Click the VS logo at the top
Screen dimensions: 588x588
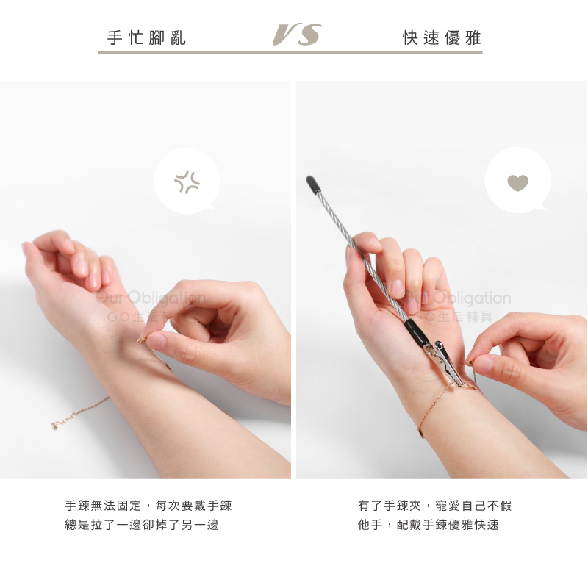(x=297, y=35)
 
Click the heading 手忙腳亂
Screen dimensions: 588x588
(x=146, y=37)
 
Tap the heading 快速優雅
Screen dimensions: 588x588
(x=442, y=37)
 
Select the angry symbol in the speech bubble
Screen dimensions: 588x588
(x=187, y=182)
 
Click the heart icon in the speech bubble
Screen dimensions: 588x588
(x=518, y=182)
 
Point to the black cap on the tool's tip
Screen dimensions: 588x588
(x=313, y=185)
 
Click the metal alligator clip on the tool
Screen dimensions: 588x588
(x=444, y=362)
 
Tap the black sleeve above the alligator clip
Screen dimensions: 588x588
(x=416, y=333)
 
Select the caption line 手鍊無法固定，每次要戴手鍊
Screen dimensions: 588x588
(x=148, y=506)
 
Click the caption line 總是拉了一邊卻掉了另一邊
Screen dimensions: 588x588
(x=142, y=525)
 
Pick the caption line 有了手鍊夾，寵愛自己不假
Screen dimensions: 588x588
(x=434, y=506)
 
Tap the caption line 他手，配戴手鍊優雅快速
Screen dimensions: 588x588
(x=429, y=525)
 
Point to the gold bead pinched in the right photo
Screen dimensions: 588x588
(x=470, y=362)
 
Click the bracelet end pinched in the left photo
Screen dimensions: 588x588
(x=142, y=340)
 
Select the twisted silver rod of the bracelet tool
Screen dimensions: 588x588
(x=361, y=256)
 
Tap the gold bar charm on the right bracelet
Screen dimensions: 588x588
(x=420, y=432)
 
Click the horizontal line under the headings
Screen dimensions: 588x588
(x=290, y=52)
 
